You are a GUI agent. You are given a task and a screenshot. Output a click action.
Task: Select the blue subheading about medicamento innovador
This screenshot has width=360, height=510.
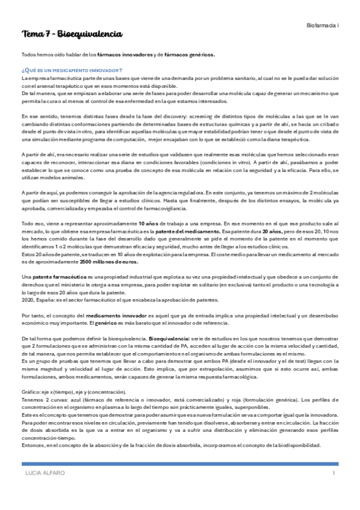[x=72, y=70]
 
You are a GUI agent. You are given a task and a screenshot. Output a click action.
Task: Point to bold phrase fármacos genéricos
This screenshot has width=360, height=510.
[x=188, y=55]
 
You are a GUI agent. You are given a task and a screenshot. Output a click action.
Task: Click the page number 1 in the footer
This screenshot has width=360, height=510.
[x=333, y=475]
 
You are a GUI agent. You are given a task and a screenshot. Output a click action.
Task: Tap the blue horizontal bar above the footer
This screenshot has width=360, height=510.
[x=180, y=464]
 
